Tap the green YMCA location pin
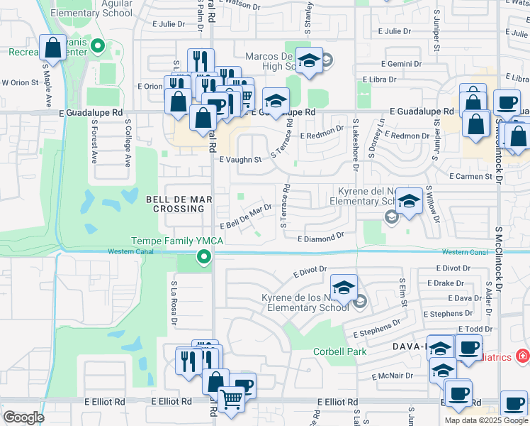(204, 257)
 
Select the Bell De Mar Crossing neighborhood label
(179, 204)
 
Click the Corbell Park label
(340, 351)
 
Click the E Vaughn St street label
(240, 160)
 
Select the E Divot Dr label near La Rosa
(309, 270)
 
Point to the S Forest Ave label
(94, 141)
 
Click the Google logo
(24, 417)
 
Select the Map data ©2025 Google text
(485, 420)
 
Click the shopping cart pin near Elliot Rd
(231, 400)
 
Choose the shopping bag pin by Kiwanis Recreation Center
(52, 49)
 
